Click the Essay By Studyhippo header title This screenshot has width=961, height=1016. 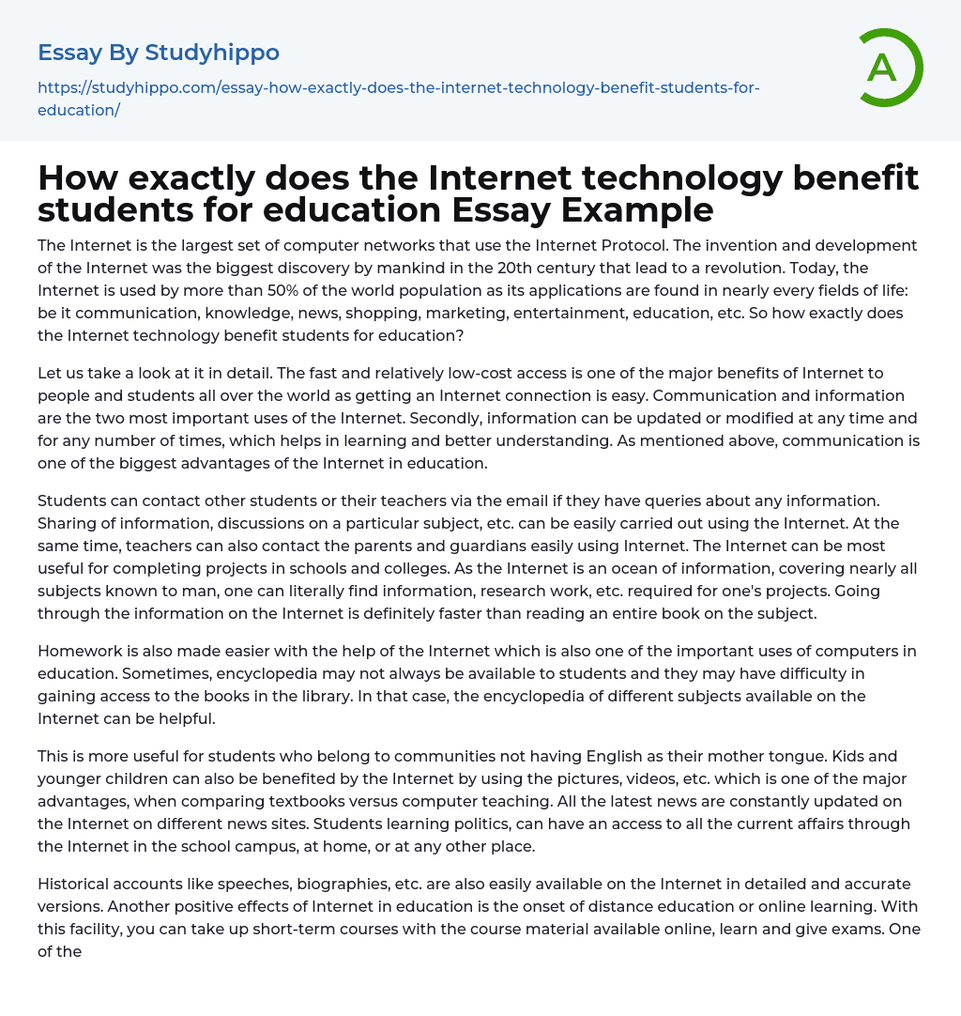(159, 53)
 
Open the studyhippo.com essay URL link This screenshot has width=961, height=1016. (398, 99)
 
